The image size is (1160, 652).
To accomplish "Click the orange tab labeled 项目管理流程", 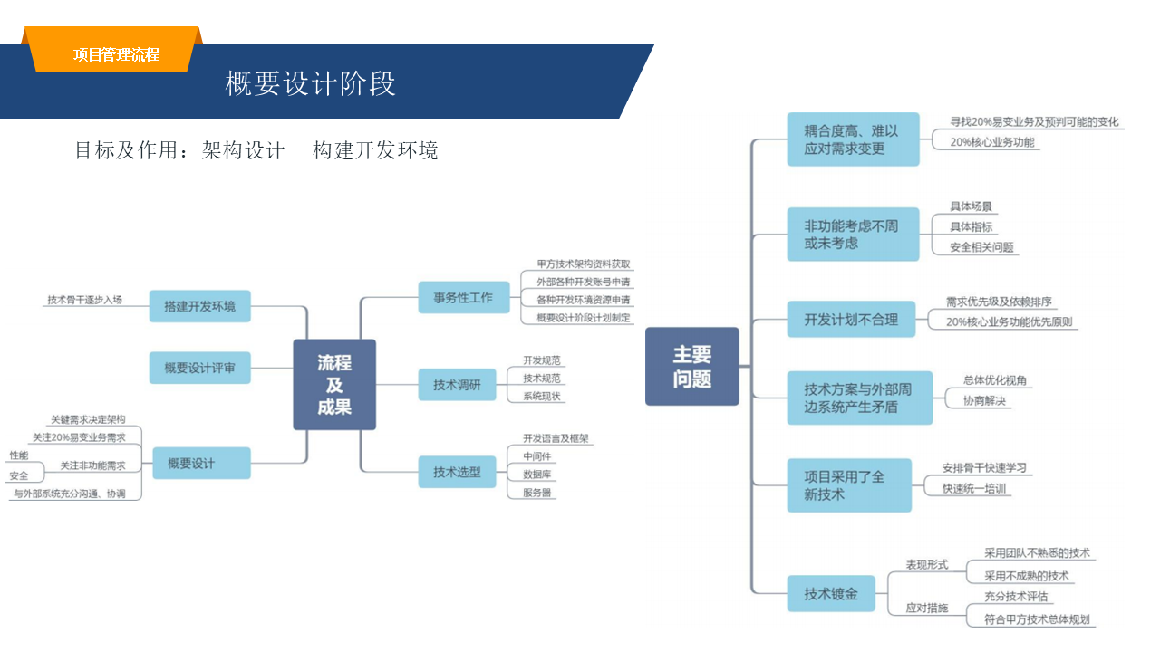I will [116, 54].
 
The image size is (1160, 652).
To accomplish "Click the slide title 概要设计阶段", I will [310, 83].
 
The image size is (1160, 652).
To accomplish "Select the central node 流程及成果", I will [334, 385].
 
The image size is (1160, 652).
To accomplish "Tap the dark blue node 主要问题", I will [691, 366].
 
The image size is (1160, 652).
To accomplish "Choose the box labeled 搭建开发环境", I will [199, 306].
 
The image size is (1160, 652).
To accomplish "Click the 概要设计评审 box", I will [199, 368].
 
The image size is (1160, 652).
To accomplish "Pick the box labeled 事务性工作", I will [463, 297].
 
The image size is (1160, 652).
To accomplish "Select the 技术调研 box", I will [457, 385].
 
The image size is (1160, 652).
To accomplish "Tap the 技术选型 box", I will [457, 472].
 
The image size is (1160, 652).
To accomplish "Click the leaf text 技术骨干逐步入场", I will [84, 300].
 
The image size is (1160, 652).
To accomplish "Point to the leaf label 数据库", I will [536, 474].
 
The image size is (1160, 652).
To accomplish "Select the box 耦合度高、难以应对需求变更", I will [852, 139].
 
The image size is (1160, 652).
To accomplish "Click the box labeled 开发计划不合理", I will [851, 319].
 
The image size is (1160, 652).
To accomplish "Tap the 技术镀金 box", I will [831, 594].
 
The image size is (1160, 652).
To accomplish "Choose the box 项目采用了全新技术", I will [849, 485].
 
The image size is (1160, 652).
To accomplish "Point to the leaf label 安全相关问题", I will [981, 247].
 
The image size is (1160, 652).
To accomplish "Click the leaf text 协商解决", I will [984, 400].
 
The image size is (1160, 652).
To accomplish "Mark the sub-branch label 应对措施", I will [926, 608].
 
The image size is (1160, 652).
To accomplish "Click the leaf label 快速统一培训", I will [974, 489].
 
